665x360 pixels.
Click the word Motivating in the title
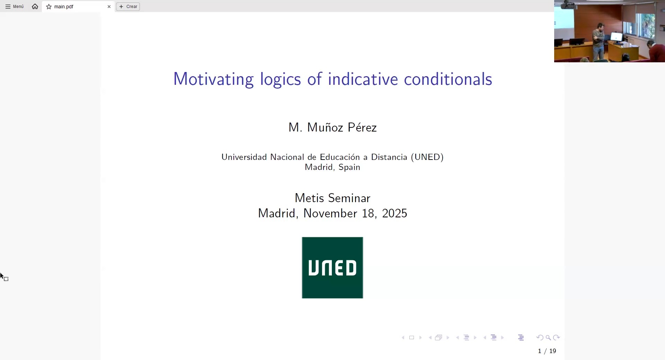coord(213,79)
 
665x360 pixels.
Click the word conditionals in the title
coord(448,79)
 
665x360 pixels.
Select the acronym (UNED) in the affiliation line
coord(427,157)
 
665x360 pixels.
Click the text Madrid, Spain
coord(332,167)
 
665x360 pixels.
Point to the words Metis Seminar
coord(332,198)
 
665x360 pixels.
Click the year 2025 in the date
coord(394,213)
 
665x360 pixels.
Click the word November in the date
coord(330,213)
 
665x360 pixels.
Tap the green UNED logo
coord(332,268)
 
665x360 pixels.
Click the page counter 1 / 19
coord(547,351)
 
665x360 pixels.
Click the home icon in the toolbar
coord(35,6)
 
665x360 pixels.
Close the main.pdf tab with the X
coord(109,7)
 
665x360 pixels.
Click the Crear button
coord(128,7)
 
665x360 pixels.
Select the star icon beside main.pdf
coord(49,7)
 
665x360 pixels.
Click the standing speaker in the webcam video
coord(599,42)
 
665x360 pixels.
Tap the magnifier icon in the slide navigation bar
coord(548,337)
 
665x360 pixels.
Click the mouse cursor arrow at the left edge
coord(2,276)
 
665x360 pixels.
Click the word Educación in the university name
coord(340,157)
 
